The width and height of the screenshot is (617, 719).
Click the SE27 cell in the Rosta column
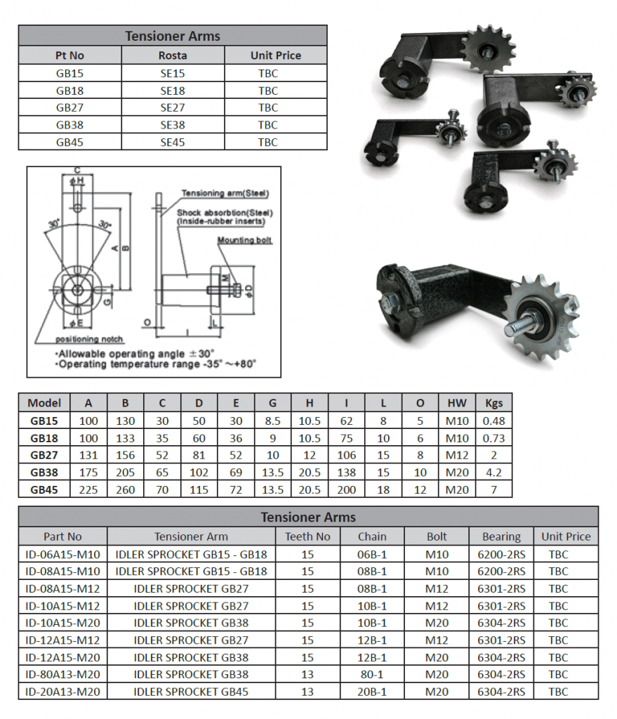click(173, 107)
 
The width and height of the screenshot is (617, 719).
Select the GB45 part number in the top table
click(69, 142)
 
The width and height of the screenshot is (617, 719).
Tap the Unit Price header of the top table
click(275, 55)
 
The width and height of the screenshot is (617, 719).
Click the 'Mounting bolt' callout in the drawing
click(244, 240)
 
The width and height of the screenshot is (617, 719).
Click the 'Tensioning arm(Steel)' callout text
click(225, 193)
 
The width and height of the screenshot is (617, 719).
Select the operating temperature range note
click(156, 364)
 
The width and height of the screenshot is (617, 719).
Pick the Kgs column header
click(493, 403)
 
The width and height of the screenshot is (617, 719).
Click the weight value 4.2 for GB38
click(493, 473)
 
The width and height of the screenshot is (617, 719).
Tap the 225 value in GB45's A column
click(88, 489)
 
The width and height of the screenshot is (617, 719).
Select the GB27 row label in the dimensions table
click(44, 455)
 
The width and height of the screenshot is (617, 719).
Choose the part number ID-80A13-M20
click(62, 674)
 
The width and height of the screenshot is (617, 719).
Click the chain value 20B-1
click(372, 692)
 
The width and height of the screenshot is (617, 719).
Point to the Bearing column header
click(501, 536)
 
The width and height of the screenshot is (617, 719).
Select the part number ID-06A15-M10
click(62, 553)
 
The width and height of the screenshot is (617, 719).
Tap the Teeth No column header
click(307, 536)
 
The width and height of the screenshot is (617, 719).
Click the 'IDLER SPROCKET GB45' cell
click(191, 692)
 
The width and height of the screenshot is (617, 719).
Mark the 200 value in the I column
click(346, 489)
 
